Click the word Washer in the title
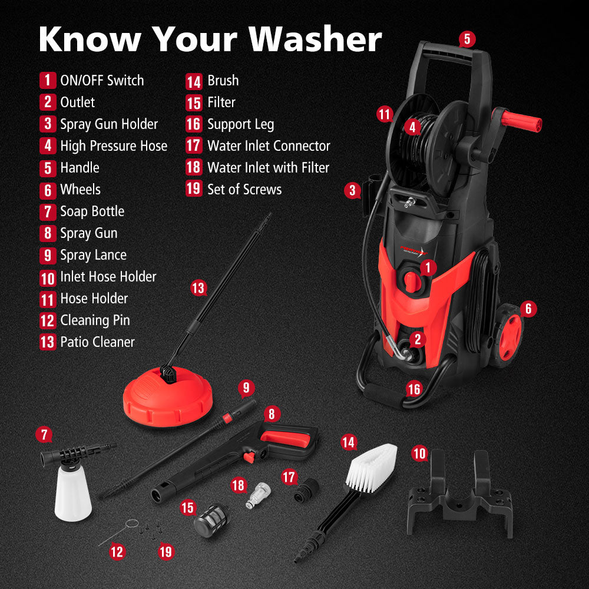click(x=315, y=39)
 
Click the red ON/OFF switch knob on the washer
click(x=413, y=282)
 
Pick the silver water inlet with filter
click(x=257, y=494)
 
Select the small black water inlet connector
click(x=307, y=490)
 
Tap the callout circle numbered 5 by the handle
click(x=466, y=39)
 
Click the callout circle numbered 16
click(x=414, y=389)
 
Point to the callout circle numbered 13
click(x=198, y=288)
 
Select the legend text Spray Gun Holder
click(x=109, y=124)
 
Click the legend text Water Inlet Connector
click(x=269, y=146)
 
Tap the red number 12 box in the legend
click(x=48, y=320)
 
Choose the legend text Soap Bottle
click(x=92, y=211)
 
